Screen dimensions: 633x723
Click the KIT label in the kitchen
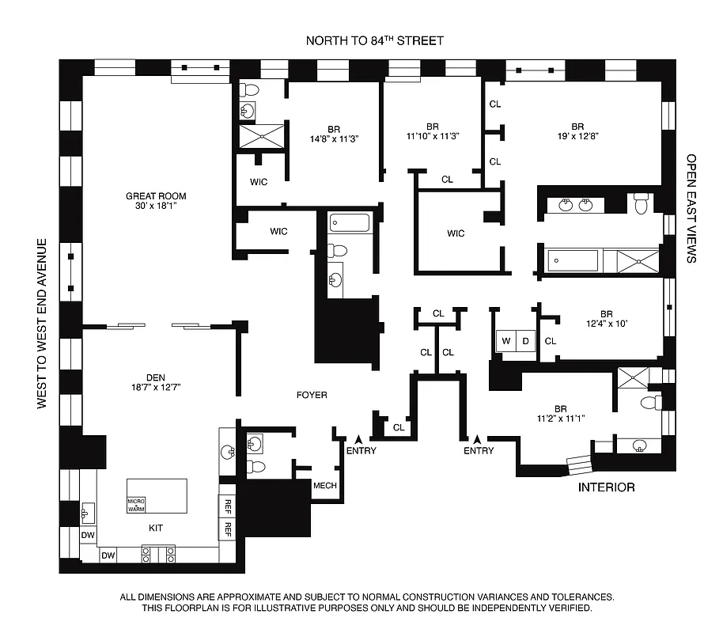(x=156, y=527)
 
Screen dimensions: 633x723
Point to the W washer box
(x=504, y=341)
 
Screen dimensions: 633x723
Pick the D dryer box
(x=525, y=341)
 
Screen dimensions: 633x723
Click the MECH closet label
(x=325, y=486)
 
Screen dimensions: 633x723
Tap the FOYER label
(x=311, y=395)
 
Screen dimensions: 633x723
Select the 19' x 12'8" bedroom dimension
(x=577, y=135)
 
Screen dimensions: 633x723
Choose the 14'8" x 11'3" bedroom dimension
(x=333, y=138)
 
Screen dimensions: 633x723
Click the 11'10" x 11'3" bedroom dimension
(x=432, y=135)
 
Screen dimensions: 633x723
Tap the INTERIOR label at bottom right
(x=606, y=487)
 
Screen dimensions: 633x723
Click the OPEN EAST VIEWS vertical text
(x=691, y=208)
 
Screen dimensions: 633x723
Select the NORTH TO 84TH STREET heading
(x=376, y=41)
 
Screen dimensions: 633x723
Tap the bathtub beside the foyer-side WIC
(x=350, y=222)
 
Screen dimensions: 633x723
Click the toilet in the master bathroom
(x=642, y=204)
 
